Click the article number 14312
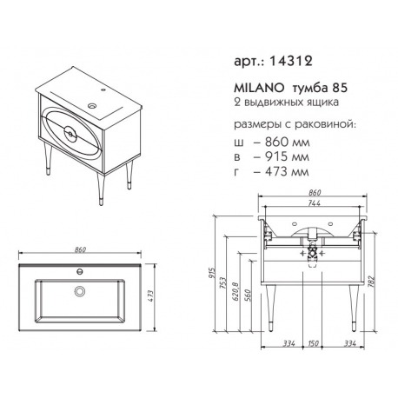pos(290,62)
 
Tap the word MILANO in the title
pos(259,88)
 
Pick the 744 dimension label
pos(315,203)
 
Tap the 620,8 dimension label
pos(235,291)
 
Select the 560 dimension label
pos(248,295)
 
